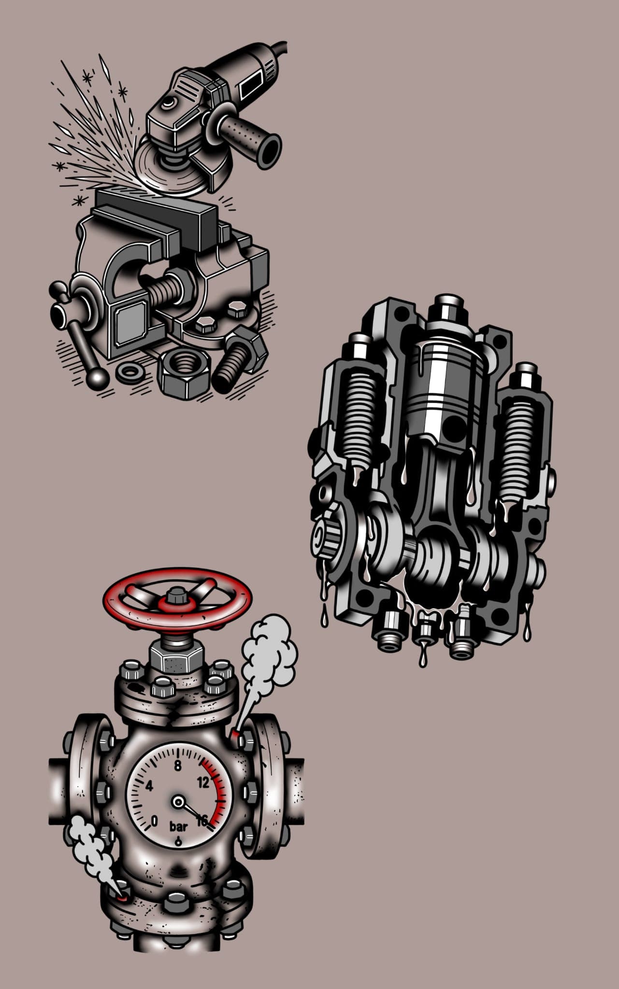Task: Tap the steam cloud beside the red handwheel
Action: click(x=268, y=650)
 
